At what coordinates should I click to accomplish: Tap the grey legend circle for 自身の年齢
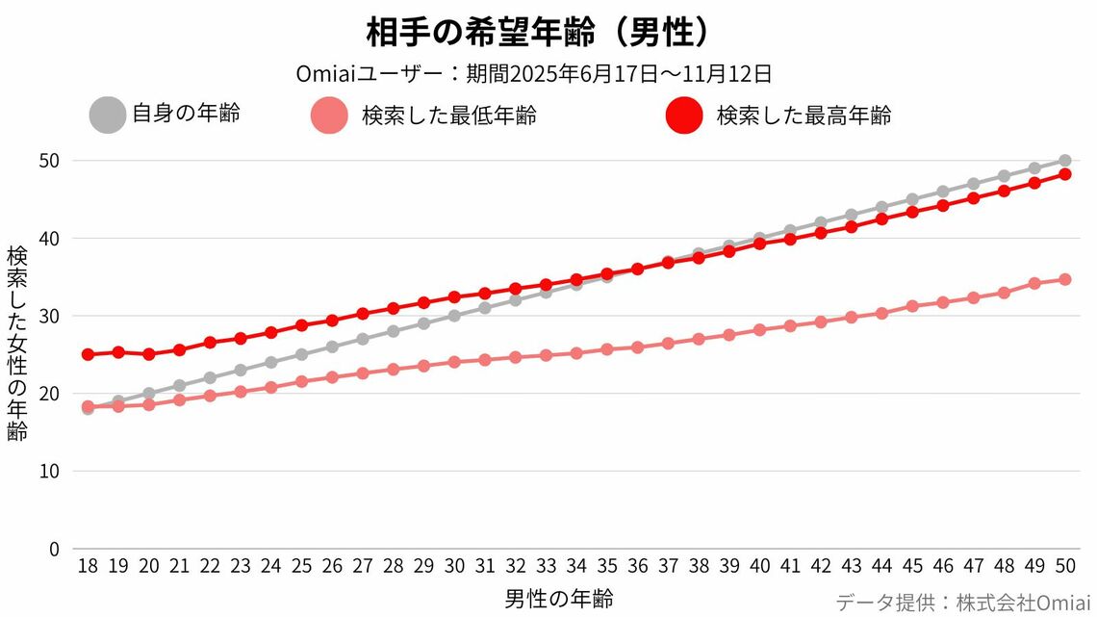click(x=108, y=115)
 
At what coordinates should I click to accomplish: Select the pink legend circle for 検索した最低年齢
click(x=329, y=116)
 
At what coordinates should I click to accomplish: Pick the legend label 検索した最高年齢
click(x=804, y=116)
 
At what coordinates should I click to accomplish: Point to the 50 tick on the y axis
click(x=50, y=161)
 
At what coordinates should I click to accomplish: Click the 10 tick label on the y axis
click(x=50, y=472)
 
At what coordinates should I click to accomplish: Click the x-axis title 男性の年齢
click(x=558, y=599)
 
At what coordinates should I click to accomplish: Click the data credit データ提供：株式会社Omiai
click(x=962, y=603)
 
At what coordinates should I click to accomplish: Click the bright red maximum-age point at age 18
click(x=88, y=354)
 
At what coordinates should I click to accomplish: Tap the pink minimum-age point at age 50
click(x=1065, y=279)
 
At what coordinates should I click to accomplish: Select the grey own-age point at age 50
click(x=1065, y=161)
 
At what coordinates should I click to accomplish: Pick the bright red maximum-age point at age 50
click(x=1065, y=174)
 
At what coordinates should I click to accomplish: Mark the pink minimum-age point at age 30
click(x=454, y=362)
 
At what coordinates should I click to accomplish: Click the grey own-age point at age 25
click(x=301, y=354)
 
